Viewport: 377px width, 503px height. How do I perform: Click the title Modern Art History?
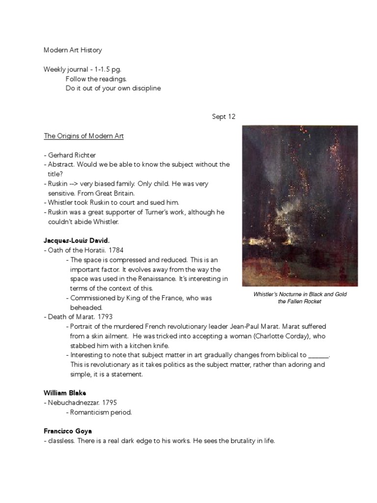pyautogui.click(x=73, y=50)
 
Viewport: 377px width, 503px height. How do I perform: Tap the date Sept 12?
pyautogui.click(x=224, y=116)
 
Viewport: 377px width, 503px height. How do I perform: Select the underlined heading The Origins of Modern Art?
pyautogui.click(x=84, y=136)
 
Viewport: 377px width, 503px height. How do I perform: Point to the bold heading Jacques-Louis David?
pyautogui.click(x=77, y=241)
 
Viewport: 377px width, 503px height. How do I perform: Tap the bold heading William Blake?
pyautogui.click(x=65, y=393)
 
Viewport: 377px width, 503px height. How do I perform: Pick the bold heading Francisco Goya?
pyautogui.click(x=68, y=431)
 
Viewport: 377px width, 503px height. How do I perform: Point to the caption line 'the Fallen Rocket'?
pyautogui.click(x=299, y=301)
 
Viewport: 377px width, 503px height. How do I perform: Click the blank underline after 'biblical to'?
pyautogui.click(x=319, y=355)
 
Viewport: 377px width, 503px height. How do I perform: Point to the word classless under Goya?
pyautogui.click(x=62, y=441)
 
